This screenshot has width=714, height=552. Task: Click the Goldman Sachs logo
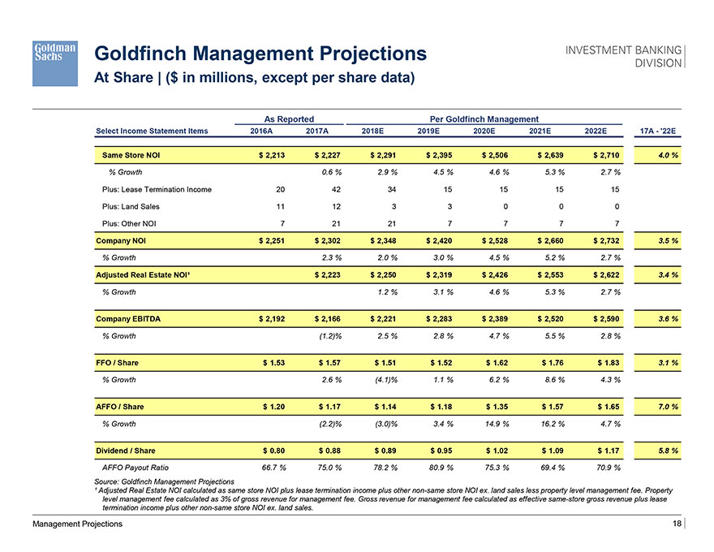[54, 62]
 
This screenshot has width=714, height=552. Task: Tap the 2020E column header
[488, 131]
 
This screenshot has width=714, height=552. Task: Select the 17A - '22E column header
[658, 131]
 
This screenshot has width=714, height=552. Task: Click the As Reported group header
[289, 119]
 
